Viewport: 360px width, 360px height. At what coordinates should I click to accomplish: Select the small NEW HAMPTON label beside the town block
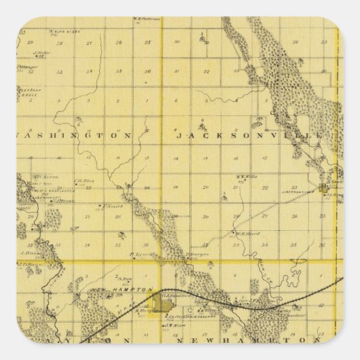[x=126, y=289]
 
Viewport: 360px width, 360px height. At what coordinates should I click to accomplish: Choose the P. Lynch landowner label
[x=139, y=254]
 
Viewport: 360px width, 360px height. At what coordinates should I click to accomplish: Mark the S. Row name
[x=124, y=276]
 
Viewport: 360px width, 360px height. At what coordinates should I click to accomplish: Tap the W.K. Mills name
[x=245, y=177]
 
